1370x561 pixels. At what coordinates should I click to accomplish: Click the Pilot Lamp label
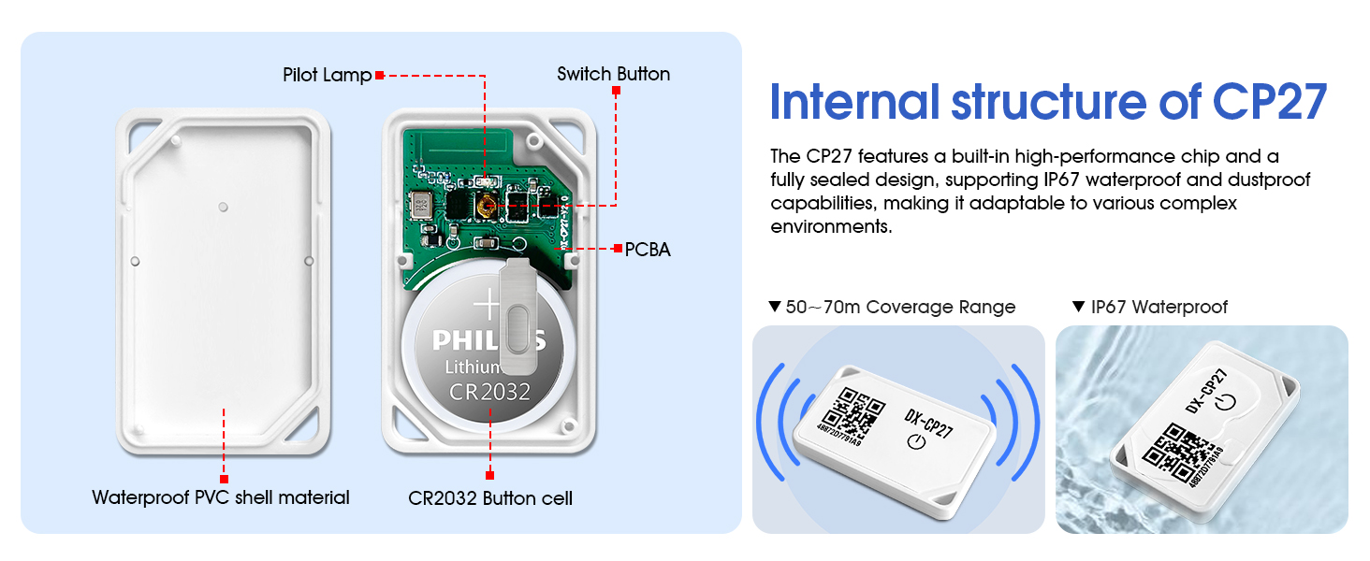point(327,75)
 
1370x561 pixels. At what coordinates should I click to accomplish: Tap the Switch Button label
point(613,74)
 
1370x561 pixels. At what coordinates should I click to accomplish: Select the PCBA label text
point(648,250)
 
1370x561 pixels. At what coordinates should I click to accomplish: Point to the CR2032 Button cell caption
point(490,497)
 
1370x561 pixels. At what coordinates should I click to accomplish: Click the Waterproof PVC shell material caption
point(221,497)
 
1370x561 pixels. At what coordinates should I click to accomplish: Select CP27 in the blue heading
point(1270,102)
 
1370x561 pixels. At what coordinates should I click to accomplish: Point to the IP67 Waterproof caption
point(1159,307)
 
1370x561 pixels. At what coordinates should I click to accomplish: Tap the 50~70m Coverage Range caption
point(899,307)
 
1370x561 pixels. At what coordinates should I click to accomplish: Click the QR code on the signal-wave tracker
point(853,413)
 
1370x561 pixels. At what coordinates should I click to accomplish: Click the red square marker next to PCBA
point(618,249)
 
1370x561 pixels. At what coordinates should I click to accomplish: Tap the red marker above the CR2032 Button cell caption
point(489,475)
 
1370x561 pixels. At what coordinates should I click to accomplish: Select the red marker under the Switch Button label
point(616,91)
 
